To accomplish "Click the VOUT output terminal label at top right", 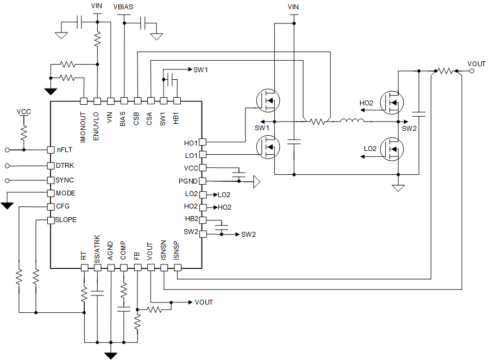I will (476, 64).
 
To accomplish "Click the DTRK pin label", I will (65, 166).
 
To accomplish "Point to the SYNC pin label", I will (65, 180).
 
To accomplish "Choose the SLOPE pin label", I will (66, 220).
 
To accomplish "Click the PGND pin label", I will (187, 181).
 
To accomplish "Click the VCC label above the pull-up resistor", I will (23, 112).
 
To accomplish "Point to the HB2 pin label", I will (191, 219).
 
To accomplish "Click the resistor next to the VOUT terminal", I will (446, 71).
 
